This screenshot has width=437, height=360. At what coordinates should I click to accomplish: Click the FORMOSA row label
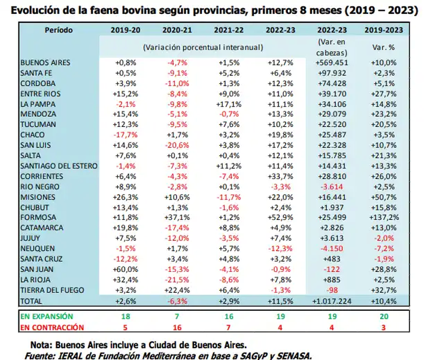38,217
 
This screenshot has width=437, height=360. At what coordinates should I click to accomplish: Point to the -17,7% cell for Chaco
125,135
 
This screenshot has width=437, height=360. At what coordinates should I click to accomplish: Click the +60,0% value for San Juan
125,269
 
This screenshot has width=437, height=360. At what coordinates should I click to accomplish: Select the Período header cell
58,29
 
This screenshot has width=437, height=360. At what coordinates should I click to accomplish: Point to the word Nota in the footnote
42,345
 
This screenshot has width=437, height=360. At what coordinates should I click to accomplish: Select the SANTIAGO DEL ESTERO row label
58,165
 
